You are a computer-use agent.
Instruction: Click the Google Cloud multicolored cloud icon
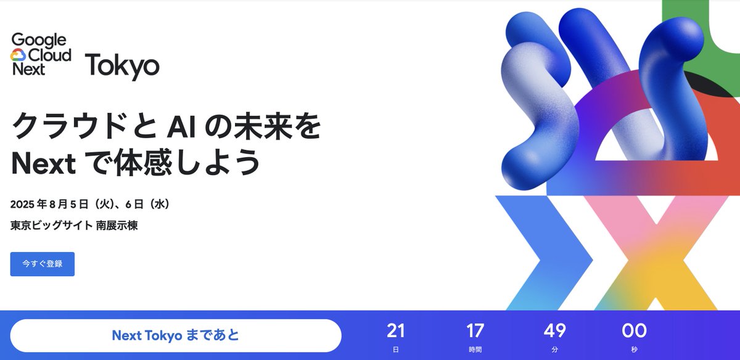pos(18,55)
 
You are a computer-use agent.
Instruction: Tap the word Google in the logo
pos(38,41)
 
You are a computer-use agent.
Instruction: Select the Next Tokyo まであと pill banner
pos(175,335)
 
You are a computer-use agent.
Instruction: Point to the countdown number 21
pos(395,331)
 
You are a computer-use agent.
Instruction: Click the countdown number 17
pos(475,331)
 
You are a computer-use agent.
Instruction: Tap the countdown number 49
pos(554,331)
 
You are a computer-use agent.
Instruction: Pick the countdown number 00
pos(634,331)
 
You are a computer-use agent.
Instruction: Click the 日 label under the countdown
pos(395,350)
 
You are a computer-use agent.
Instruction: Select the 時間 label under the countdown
pos(475,350)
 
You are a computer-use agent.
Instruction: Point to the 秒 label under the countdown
pos(634,350)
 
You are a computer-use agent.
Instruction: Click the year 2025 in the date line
pos(24,204)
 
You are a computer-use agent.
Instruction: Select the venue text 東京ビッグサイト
pos(52,226)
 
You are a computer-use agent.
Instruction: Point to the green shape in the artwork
pos(721,37)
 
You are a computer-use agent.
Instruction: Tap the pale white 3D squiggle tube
pos(530,99)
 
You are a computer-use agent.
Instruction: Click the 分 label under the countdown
pos(554,350)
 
